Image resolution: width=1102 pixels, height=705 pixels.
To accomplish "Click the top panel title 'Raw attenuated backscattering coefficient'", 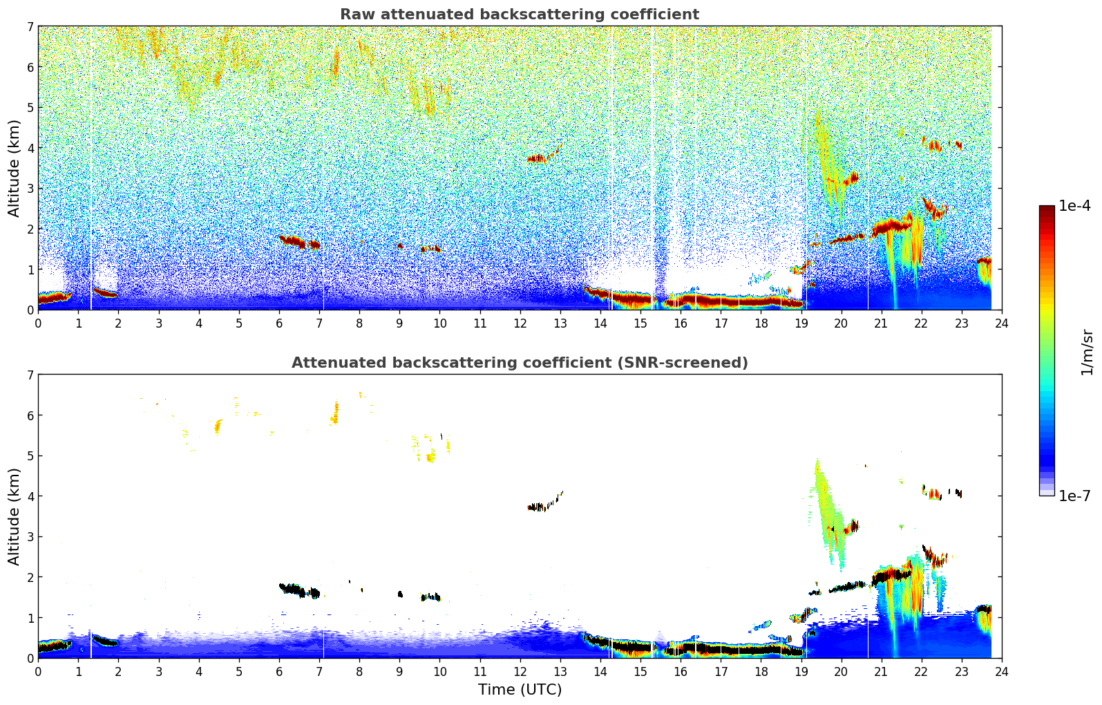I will (x=520, y=15).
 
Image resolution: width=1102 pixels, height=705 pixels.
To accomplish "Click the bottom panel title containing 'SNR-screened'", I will (x=520, y=363).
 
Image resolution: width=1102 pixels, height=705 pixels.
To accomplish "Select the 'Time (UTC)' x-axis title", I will (x=520, y=690).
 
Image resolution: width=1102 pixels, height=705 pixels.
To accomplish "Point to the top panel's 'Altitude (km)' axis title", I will (x=15, y=168).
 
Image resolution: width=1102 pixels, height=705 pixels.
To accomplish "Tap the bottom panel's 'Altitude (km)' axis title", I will (x=15, y=516).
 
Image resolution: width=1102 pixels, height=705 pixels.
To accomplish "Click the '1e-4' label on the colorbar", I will (x=1074, y=206).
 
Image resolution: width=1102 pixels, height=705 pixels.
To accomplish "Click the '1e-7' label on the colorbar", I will (x=1074, y=496).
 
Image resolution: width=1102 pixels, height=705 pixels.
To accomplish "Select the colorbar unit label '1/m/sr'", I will (x=1087, y=352).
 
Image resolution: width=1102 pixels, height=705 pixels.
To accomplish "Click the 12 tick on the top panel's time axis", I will (x=520, y=323).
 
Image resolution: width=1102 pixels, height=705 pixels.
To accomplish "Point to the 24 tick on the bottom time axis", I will (x=1001, y=671).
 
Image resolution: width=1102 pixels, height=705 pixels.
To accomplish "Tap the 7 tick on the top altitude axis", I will (x=30, y=27).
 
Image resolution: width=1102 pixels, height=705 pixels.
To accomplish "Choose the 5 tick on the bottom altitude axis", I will (x=30, y=456).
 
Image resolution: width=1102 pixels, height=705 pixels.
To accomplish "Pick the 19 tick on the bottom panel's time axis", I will (x=801, y=671).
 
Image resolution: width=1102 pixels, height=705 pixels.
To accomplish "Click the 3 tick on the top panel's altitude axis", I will (x=30, y=189).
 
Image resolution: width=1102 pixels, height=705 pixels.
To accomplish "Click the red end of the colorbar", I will (x=1047, y=211).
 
